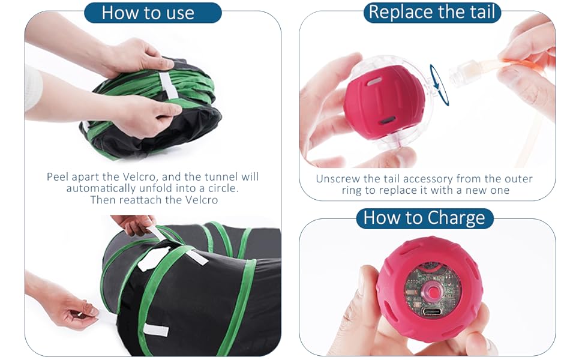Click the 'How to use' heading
[148, 13]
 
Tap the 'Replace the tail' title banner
[433, 12]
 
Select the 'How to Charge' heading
[424, 218]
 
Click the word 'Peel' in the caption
[59, 177]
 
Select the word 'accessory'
[429, 179]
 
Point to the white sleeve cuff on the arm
[33, 87]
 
